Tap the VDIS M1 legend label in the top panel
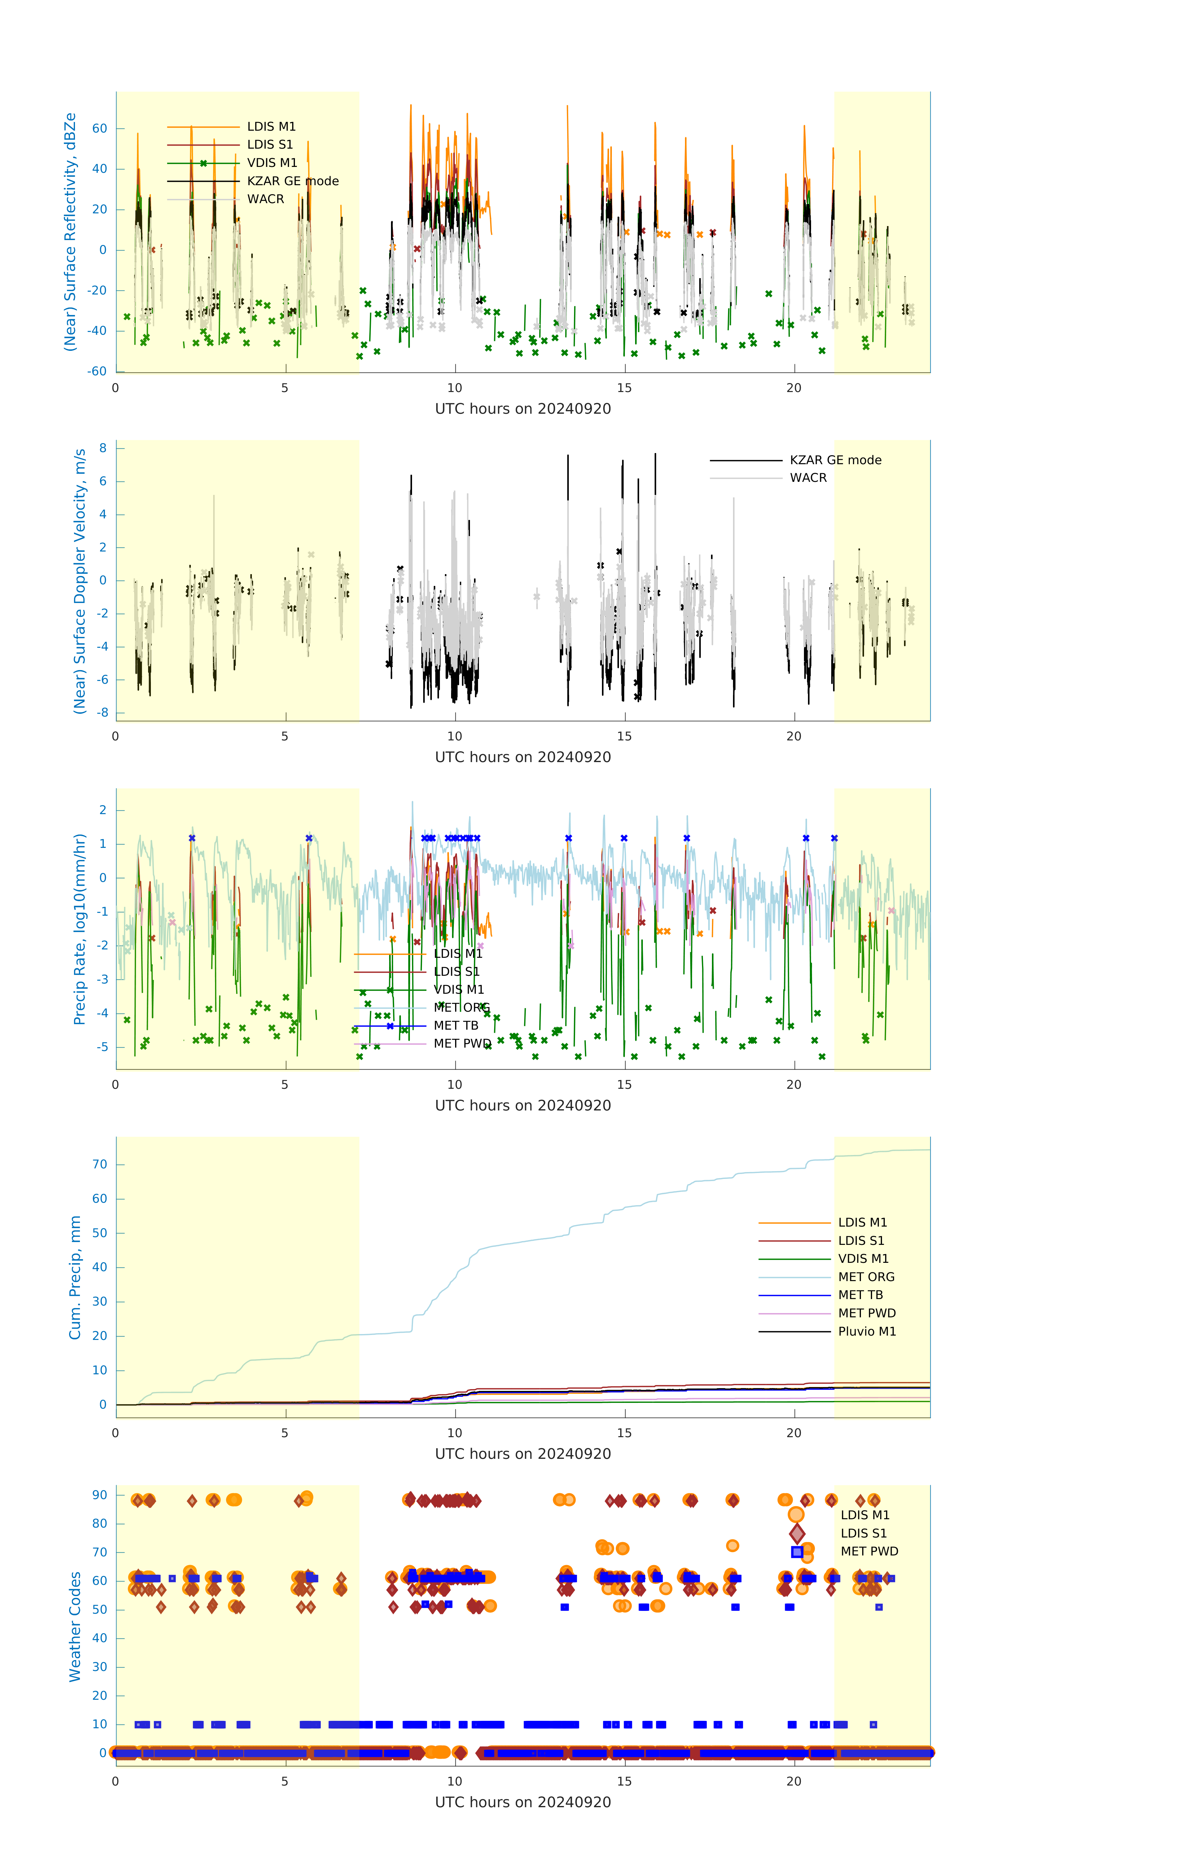pos(272,163)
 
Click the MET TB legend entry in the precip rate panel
pos(455,1025)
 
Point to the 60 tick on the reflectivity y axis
pos(99,129)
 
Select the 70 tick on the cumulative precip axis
pos(99,1164)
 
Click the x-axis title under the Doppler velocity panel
pos(523,757)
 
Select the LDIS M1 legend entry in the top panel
pos(271,127)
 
